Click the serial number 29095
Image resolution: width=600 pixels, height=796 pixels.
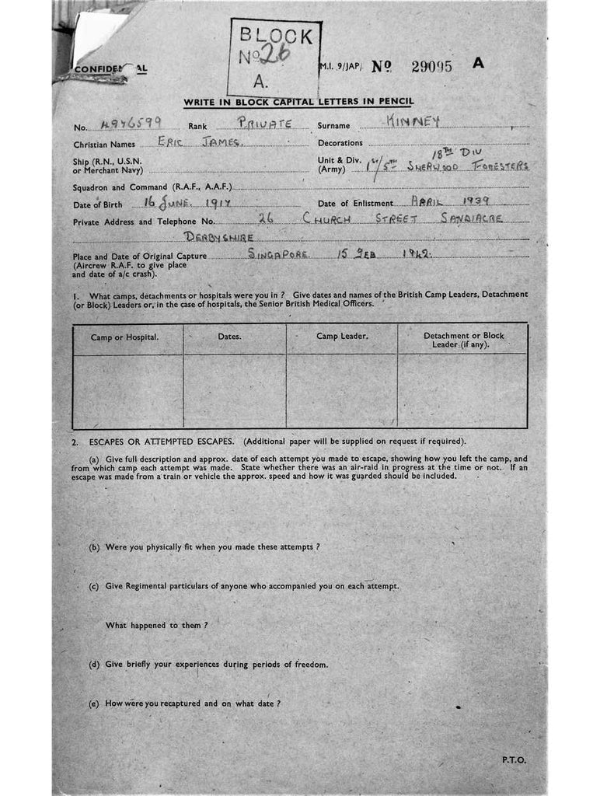click(x=431, y=66)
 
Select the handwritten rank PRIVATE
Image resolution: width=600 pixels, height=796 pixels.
click(x=264, y=122)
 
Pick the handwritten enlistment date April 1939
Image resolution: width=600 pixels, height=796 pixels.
click(x=455, y=201)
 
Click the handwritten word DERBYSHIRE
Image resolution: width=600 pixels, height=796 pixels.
click(x=218, y=236)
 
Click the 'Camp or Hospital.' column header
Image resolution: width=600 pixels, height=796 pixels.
click(x=124, y=337)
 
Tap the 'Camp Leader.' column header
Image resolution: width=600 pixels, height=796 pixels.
click(x=342, y=336)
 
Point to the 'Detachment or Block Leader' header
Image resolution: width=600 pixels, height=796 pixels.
click(x=463, y=340)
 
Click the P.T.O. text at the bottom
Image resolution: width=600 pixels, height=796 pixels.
click(x=514, y=760)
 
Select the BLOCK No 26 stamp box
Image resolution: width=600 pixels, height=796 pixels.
click(x=274, y=56)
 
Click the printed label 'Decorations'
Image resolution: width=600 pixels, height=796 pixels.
click(x=340, y=143)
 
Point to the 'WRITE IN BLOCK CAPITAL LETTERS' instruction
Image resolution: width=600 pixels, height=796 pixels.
click(x=298, y=102)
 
